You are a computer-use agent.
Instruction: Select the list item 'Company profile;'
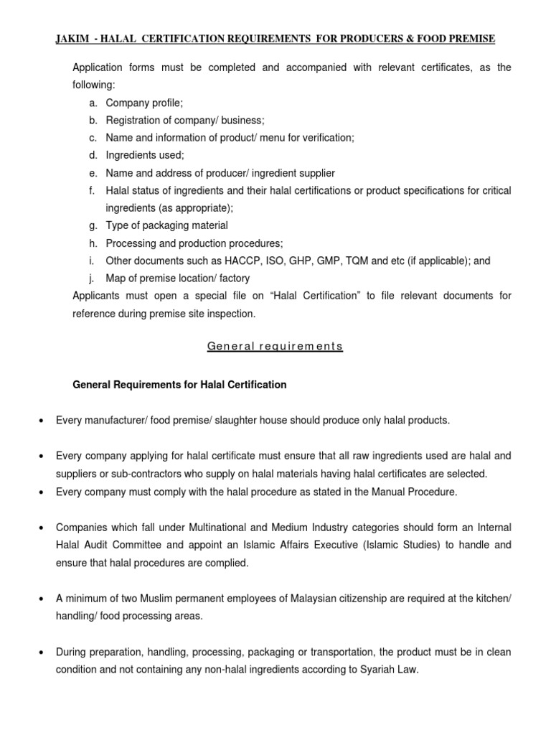(144, 103)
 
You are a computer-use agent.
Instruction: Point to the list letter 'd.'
(93, 155)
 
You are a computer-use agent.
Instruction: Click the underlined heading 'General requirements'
(275, 347)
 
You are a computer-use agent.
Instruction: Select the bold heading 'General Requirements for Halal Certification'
(179, 385)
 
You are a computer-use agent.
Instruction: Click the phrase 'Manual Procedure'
(415, 492)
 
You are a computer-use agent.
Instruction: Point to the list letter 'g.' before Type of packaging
(93, 225)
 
